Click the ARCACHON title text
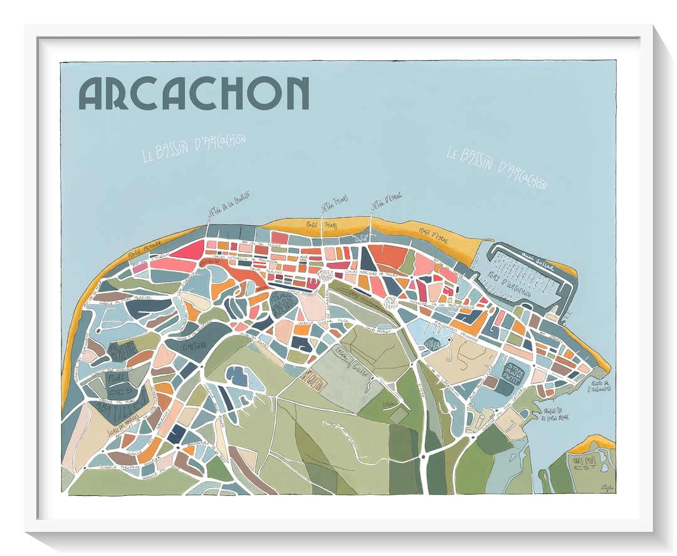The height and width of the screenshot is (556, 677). (194, 93)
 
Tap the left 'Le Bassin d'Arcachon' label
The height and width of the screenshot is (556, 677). (194, 147)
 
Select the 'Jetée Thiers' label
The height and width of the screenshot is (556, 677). (335, 207)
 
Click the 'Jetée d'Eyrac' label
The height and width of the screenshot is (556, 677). (386, 205)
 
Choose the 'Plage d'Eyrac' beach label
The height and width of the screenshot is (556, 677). (430, 233)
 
